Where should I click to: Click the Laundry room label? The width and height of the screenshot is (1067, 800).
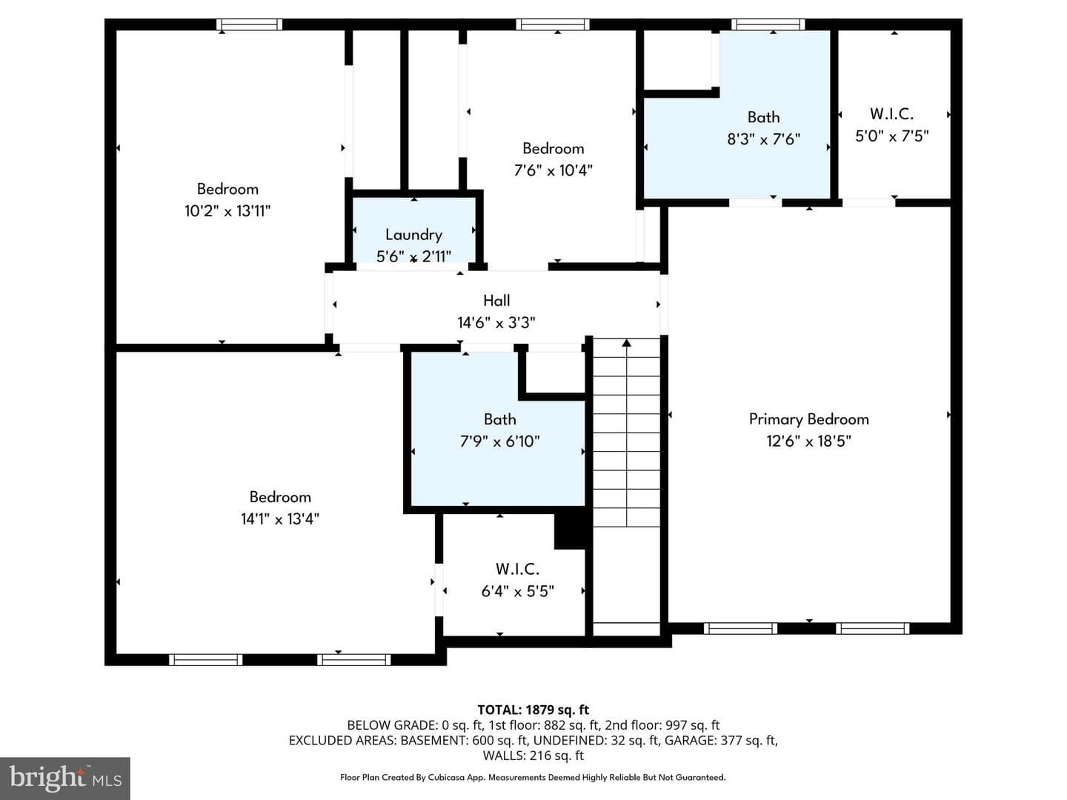(413, 235)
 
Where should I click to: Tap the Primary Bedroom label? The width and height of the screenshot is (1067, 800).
(809, 419)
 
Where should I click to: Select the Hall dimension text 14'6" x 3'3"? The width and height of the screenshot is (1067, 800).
(496, 322)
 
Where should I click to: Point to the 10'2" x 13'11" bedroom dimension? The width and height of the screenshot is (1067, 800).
(227, 211)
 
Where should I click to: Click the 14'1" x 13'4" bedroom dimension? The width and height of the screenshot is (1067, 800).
(280, 519)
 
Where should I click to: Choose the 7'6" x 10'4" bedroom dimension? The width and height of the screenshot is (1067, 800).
(554, 170)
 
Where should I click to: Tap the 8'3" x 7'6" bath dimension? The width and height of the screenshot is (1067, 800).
(763, 139)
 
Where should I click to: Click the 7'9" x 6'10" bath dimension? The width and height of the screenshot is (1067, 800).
(499, 441)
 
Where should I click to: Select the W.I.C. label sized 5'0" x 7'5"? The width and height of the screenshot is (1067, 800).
(891, 113)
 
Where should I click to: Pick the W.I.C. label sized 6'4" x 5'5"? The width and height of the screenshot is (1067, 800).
(517, 569)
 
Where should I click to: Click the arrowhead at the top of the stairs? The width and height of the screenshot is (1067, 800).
(627, 343)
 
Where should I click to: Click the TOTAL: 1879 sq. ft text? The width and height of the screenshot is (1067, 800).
(533, 710)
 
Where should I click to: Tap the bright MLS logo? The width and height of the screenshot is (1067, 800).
(65, 778)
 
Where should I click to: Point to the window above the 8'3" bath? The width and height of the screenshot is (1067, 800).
(768, 24)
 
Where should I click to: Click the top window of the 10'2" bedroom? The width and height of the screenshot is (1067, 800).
(249, 24)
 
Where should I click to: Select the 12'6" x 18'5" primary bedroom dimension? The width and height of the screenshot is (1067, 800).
(809, 441)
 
